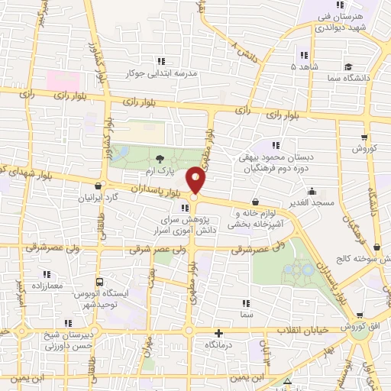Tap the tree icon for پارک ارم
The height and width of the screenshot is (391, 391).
point(160,159)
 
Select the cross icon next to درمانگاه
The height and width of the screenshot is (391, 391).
point(220,332)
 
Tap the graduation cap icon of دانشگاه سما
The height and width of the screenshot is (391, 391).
point(347,67)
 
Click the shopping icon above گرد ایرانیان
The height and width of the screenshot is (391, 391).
point(97,186)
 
